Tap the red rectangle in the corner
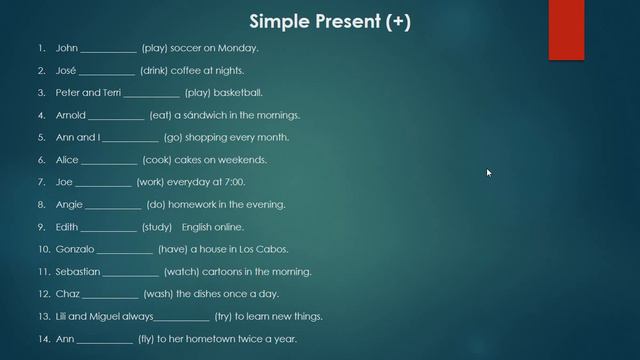tap(565, 29)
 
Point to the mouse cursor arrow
tap(489, 173)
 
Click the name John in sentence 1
tap(66, 47)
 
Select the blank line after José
tap(106, 70)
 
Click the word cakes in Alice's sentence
tap(196, 160)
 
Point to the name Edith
tap(67, 227)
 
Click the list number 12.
tap(44, 294)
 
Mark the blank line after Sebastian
tap(130, 272)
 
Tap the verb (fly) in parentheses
tap(148, 339)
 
